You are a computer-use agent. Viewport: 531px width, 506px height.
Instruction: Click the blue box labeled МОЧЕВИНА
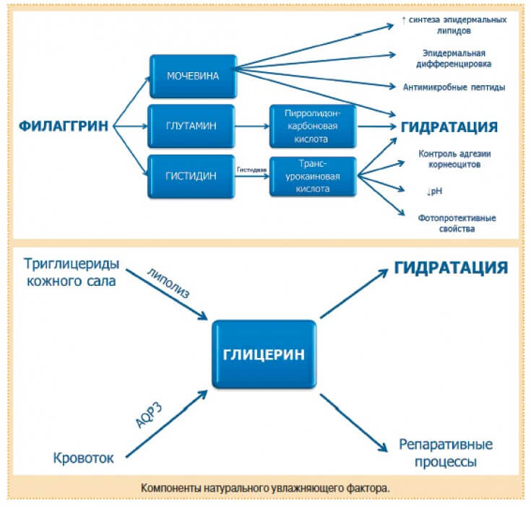tap(194, 76)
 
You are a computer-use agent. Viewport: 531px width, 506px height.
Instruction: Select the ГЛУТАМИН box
tap(191, 126)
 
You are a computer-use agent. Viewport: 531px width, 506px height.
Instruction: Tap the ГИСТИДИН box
tap(191, 177)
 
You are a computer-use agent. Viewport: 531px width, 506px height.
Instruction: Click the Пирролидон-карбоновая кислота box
tap(312, 126)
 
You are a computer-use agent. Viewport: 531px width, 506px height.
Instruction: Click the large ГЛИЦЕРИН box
tap(264, 354)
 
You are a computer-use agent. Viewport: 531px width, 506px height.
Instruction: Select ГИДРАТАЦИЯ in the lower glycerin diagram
tap(450, 268)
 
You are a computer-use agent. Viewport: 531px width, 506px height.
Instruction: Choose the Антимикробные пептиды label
tap(454, 87)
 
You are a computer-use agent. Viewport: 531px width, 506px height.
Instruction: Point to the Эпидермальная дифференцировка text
tap(454, 58)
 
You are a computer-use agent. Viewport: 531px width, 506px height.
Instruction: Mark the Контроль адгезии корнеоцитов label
tap(454, 158)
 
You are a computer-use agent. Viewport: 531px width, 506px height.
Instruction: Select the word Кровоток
tap(84, 458)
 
